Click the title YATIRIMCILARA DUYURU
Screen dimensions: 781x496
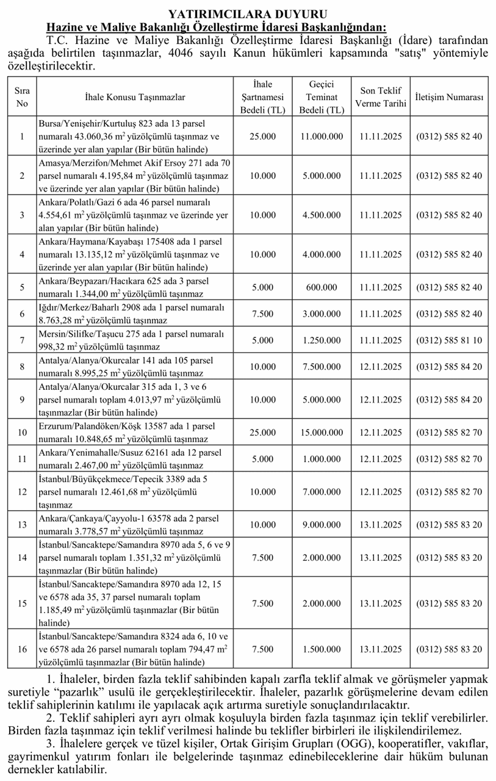click(x=247, y=13)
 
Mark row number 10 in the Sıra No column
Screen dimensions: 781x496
click(x=22, y=433)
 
